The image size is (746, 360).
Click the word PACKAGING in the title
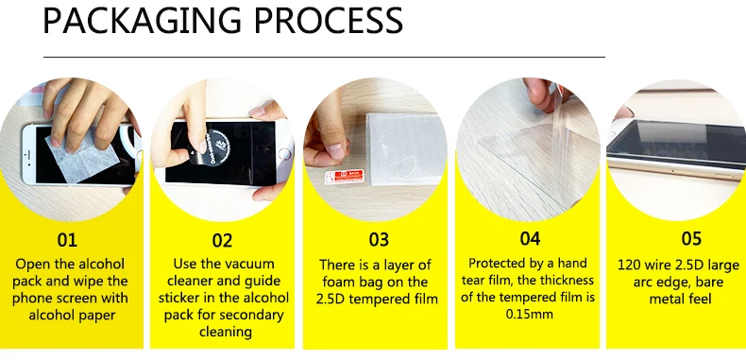[x=143, y=22]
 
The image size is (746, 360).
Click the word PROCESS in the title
[x=328, y=21]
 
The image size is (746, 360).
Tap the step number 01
[x=67, y=240]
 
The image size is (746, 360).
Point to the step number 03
[x=379, y=240]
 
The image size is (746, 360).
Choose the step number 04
[x=530, y=238]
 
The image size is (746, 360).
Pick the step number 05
[x=691, y=238]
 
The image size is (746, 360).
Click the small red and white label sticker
[x=345, y=177]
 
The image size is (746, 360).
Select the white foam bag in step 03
[x=405, y=148]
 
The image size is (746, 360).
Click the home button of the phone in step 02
[x=285, y=154]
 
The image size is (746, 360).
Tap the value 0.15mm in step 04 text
[x=529, y=315]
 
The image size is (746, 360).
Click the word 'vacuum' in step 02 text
[x=251, y=264]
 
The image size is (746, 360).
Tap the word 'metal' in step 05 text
[x=666, y=299]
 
